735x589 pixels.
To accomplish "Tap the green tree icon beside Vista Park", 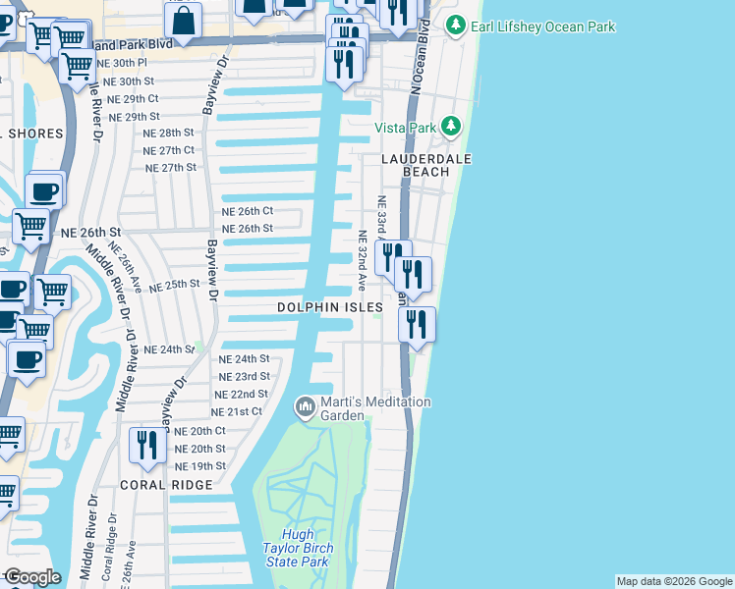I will tap(451, 127).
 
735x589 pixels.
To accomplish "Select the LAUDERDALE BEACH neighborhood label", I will tap(426, 165).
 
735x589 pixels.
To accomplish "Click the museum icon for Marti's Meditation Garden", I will tap(306, 405).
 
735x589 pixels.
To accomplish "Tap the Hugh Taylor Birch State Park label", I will tap(298, 555).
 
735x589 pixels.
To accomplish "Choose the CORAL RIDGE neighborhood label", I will tap(166, 485).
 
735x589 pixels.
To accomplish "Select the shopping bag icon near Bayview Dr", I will tap(183, 18).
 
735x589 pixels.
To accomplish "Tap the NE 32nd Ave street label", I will tap(362, 260).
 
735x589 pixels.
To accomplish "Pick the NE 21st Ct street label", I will tap(237, 411).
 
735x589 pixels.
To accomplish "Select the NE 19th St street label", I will tap(199, 465).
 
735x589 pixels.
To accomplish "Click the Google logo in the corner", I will tap(31, 577).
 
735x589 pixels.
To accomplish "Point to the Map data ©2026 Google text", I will tap(673, 581).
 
